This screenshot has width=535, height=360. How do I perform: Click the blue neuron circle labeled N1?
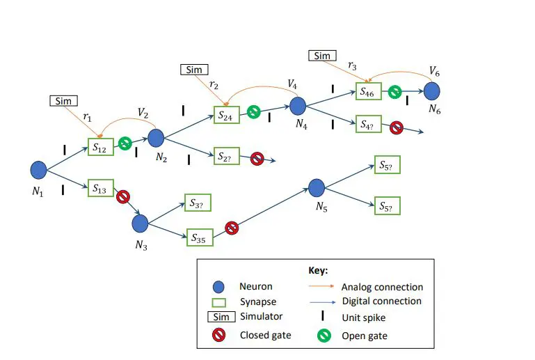click(x=39, y=169)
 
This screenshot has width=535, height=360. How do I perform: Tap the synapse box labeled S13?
click(x=101, y=188)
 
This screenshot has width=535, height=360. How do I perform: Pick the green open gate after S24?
click(x=254, y=111)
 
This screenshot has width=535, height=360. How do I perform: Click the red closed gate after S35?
click(x=232, y=228)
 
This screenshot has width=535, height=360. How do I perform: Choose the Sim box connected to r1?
click(x=63, y=101)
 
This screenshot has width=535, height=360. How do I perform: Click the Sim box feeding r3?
click(x=321, y=55)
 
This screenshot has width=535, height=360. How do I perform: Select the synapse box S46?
click(x=369, y=91)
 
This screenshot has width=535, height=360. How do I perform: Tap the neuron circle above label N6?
click(x=432, y=91)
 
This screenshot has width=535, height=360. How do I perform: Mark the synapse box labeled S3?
click(x=197, y=203)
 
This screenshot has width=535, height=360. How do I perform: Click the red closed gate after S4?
click(x=396, y=127)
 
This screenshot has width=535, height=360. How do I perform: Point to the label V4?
click(x=293, y=84)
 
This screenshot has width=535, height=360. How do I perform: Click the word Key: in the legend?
click(x=318, y=269)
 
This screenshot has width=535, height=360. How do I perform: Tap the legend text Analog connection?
click(x=382, y=287)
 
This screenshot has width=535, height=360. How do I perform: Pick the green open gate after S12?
click(x=125, y=143)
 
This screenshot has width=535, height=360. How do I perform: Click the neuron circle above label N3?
click(x=140, y=223)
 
